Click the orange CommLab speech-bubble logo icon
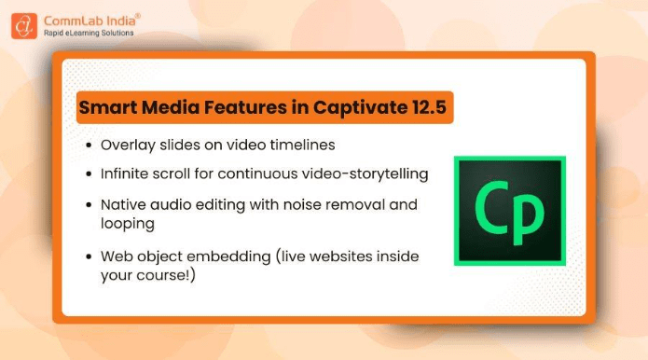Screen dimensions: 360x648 tap(24, 25)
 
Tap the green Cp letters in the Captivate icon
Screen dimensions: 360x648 tap(508, 211)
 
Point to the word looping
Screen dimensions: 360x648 tap(128, 224)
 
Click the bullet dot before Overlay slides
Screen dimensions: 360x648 tap(87, 146)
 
